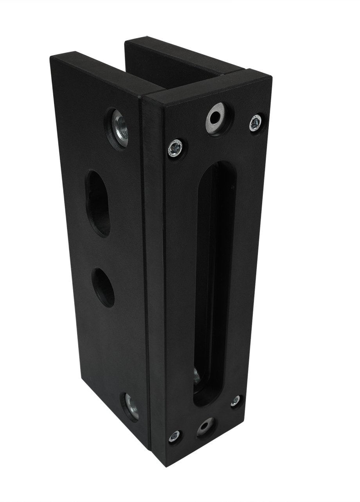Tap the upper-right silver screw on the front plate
coord(256,123)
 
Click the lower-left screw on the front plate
coord(175,435)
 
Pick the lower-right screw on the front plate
coord(235,401)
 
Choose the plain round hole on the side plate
coord(103,287)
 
